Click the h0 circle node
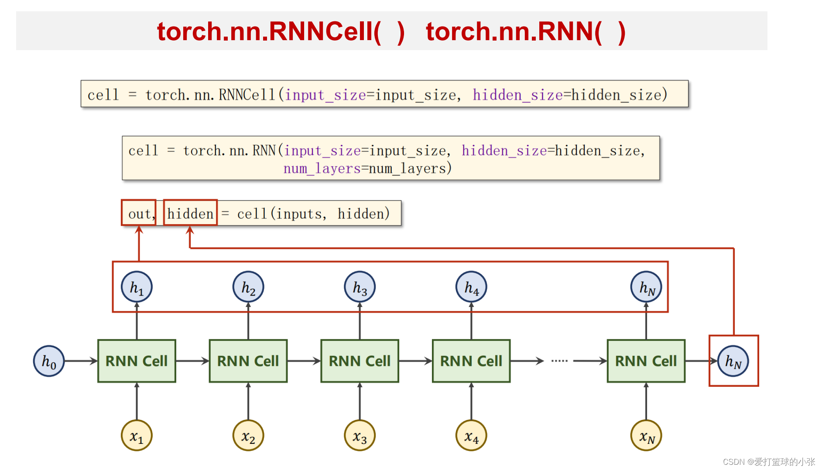coord(49,361)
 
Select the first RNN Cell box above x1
coord(137,361)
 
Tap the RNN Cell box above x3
coord(360,361)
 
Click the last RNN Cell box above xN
coord(646,361)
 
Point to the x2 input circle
coord(248,435)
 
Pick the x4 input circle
coord(471,435)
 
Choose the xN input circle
coord(646,435)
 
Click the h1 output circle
coord(137,287)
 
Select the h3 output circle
coord(360,287)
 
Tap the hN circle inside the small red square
coord(733,361)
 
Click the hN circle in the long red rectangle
coord(646,287)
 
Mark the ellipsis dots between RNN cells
coord(559,361)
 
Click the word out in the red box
coord(139,214)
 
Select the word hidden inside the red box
coord(190,214)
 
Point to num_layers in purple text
coord(322,168)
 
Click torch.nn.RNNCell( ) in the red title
coord(281,31)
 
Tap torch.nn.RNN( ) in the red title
coord(525,31)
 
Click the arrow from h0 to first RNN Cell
coord(81,361)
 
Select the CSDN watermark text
coord(768,462)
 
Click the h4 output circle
coord(471,287)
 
